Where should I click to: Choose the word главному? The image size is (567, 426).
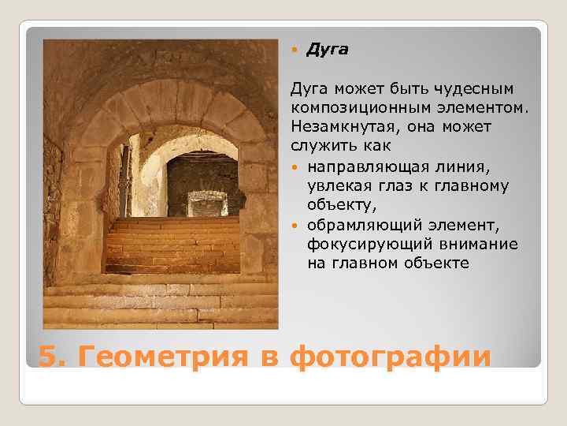point(474,185)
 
